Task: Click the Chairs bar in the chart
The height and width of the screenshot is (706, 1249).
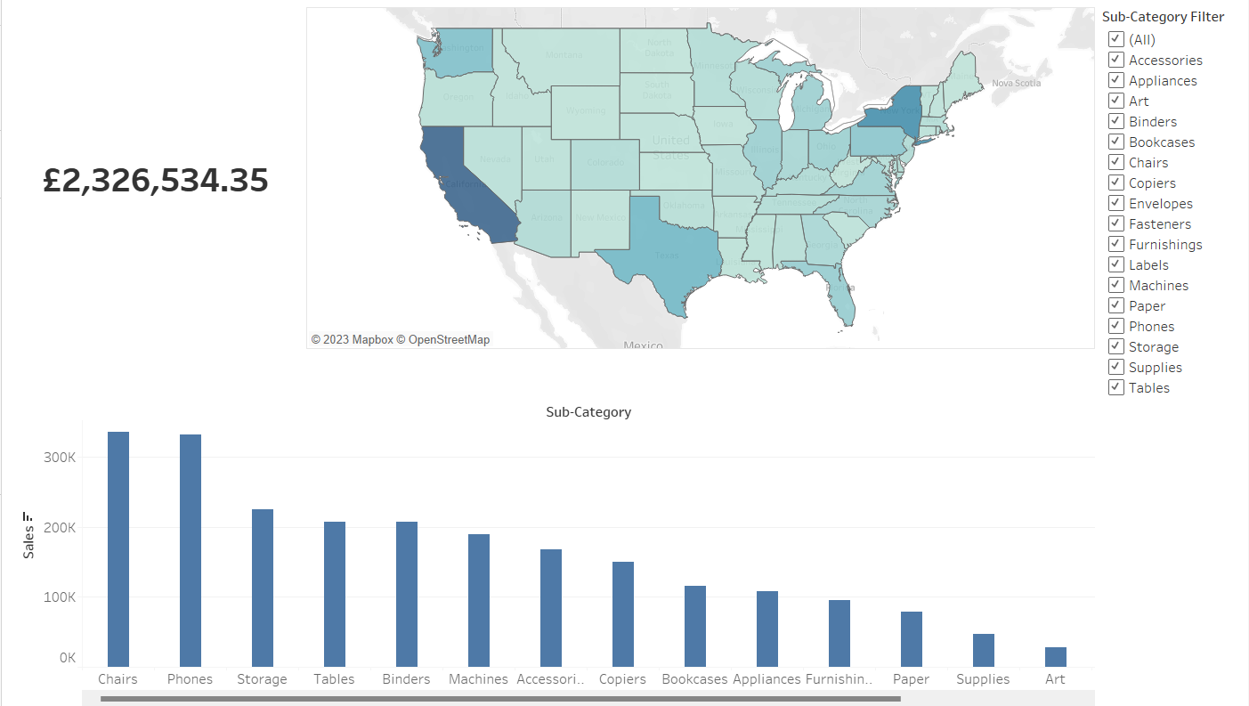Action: click(118, 548)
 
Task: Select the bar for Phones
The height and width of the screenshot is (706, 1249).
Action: click(191, 550)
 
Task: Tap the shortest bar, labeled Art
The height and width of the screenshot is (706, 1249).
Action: click(1055, 657)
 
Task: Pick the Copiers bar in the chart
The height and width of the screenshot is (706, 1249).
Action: click(623, 613)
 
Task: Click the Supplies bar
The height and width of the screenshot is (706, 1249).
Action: click(983, 650)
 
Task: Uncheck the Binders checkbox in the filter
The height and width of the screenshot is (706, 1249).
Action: click(1115, 121)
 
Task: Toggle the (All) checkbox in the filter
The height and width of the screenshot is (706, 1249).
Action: click(1115, 39)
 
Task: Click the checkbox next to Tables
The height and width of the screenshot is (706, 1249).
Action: click(1115, 387)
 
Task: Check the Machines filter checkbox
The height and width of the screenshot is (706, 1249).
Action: click(1115, 285)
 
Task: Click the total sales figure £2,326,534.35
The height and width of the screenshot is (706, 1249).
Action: click(156, 181)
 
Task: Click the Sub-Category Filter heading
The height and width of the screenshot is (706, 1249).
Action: click(1163, 17)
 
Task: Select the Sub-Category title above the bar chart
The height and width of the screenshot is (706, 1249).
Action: click(588, 412)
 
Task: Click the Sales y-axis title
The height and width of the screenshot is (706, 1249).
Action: click(28, 541)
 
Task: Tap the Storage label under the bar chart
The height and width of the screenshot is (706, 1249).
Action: click(262, 679)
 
